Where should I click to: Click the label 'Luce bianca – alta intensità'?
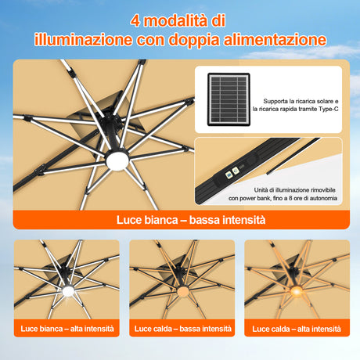click(x=67, y=327)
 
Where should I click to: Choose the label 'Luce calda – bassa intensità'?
click(x=181, y=327)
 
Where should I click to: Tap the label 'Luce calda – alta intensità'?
click(x=294, y=327)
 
